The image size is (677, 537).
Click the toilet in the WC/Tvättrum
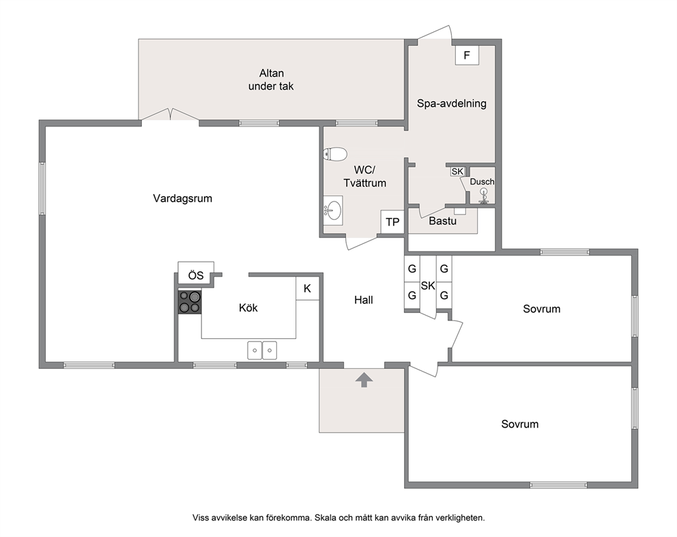pos(335,154)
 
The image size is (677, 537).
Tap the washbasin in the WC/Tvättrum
pos(333,210)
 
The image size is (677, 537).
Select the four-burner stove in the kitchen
pos(190,302)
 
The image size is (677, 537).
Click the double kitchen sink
pos(262,350)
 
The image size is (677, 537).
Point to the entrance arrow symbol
pos(364,381)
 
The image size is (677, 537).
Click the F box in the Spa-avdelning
pos(467,55)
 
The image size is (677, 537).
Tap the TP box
pos(392,222)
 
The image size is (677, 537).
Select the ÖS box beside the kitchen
pos(196,275)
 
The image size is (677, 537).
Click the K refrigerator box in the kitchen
pos(307,288)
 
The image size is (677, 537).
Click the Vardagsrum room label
pos(183,198)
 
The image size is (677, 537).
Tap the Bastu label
pos(442,221)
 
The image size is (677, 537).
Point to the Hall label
pos(364,300)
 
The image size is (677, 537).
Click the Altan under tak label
pos(271,79)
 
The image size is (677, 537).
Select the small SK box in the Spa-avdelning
pos(457,171)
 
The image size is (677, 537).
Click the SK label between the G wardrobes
pos(428,286)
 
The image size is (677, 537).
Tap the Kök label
pos(248,308)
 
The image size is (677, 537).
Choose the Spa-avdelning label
pos(452,103)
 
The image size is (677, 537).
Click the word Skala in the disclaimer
pos(325,518)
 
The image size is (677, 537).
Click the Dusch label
pos(482,182)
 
